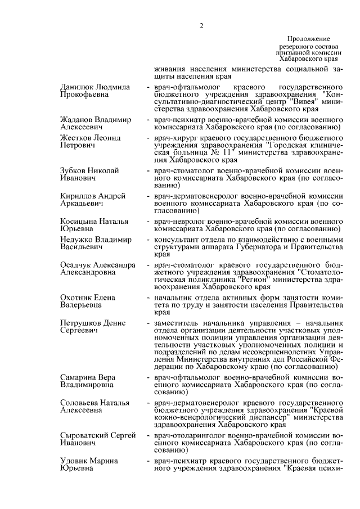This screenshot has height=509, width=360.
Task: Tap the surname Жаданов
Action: [77, 120]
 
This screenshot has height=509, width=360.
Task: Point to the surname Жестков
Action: [76, 137]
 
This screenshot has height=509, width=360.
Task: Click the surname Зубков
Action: [75, 170]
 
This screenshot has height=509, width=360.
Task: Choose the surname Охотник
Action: [77, 296]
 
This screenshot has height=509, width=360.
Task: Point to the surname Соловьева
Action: [79, 403]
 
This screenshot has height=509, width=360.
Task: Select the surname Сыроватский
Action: [83, 435]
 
